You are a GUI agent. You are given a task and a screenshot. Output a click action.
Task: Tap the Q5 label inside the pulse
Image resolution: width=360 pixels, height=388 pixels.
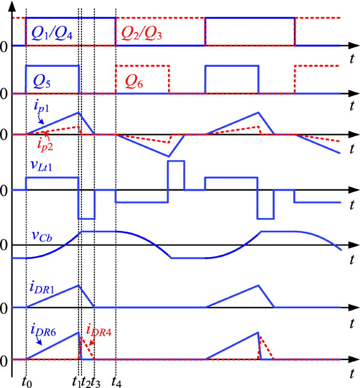pos(42,80)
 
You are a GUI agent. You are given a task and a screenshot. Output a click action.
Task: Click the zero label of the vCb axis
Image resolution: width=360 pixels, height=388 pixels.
pos(4,246)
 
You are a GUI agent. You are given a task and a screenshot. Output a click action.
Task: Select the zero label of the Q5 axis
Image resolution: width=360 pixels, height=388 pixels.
pos(4,94)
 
